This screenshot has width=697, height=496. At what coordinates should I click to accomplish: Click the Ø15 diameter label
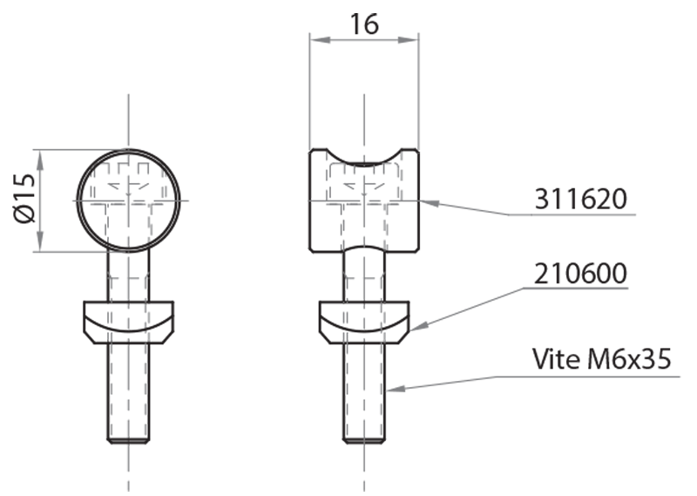pyautogui.click(x=24, y=200)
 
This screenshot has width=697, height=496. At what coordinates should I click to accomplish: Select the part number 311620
pyautogui.click(x=580, y=200)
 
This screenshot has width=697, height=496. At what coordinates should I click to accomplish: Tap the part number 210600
pyautogui.click(x=580, y=274)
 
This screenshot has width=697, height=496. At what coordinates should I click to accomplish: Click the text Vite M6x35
pyautogui.click(x=601, y=359)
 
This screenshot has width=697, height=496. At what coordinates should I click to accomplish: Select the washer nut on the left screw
pyautogui.click(x=128, y=321)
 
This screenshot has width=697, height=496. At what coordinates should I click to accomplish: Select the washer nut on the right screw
pyautogui.click(x=364, y=321)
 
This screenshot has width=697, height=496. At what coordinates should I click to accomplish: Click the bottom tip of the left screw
pyautogui.click(x=128, y=440)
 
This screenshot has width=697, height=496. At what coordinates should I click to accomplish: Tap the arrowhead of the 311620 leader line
pyautogui.click(x=424, y=203)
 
